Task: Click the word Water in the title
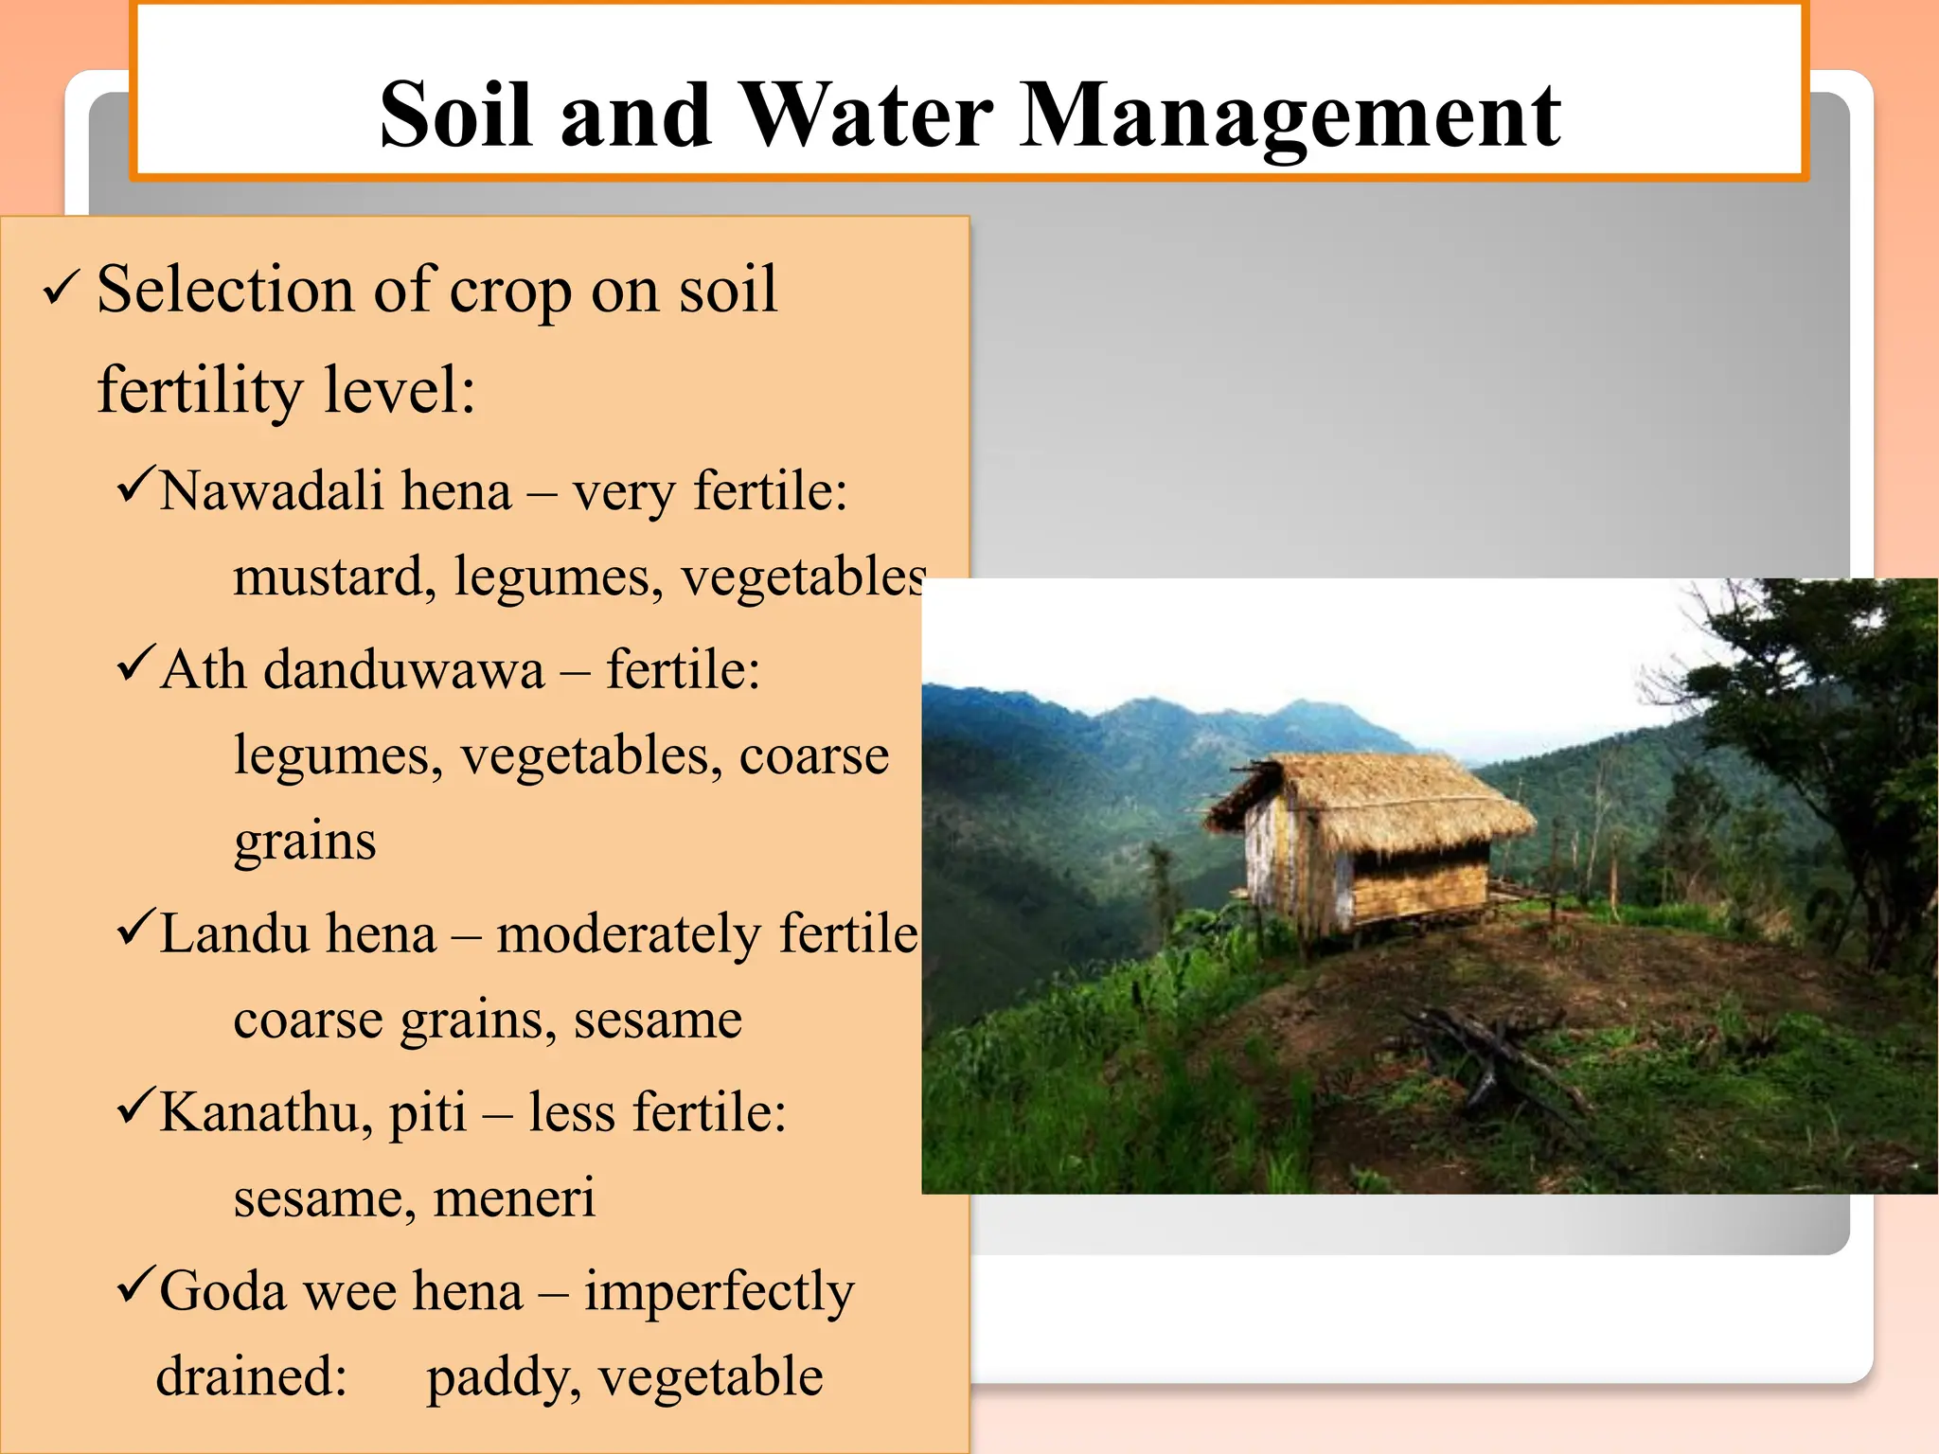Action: [865, 115]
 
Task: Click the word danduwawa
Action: [404, 670]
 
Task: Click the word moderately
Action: [629, 933]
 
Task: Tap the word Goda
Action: [222, 1291]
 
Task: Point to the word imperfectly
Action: [719, 1293]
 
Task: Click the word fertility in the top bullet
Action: [200, 390]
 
